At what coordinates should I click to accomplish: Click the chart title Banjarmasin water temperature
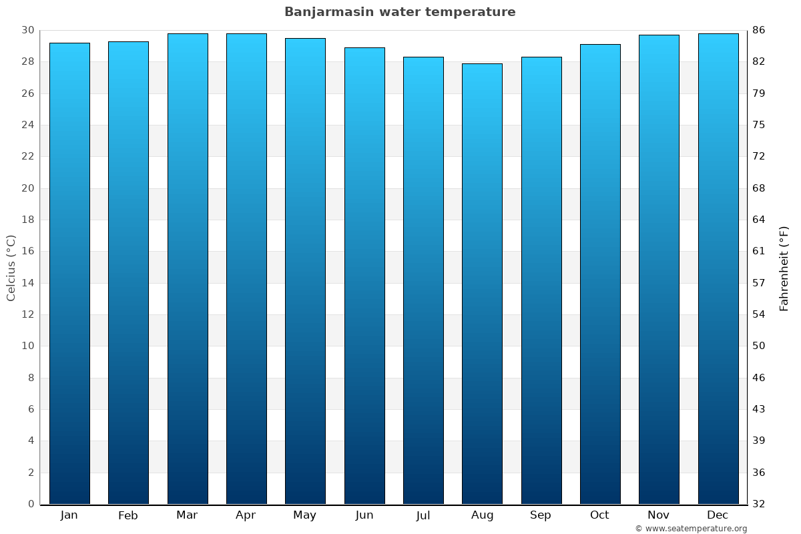pyautogui.click(x=400, y=12)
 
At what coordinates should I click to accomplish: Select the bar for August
pyautogui.click(x=482, y=284)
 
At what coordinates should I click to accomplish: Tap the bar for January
pyautogui.click(x=69, y=274)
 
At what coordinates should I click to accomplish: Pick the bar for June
pyautogui.click(x=364, y=276)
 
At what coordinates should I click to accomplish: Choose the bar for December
pyautogui.click(x=718, y=269)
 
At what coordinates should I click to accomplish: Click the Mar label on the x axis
pyautogui.click(x=187, y=515)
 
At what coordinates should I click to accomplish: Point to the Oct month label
pyautogui.click(x=599, y=515)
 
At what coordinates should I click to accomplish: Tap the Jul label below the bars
pyautogui.click(x=423, y=515)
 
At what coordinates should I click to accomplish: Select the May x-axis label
pyautogui.click(x=305, y=515)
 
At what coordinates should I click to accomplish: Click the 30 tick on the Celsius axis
pyautogui.click(x=27, y=30)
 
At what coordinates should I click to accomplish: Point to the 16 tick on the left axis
pyautogui.click(x=27, y=251)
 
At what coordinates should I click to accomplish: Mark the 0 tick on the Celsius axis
pyautogui.click(x=31, y=504)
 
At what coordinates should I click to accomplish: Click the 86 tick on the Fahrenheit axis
pyautogui.click(x=759, y=30)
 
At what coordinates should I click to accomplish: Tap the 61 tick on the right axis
pyautogui.click(x=759, y=251)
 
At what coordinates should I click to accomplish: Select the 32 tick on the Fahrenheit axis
pyautogui.click(x=759, y=504)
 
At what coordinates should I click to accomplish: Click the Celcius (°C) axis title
pyautogui.click(x=11, y=267)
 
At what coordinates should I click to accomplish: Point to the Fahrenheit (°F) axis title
pyautogui.click(x=784, y=268)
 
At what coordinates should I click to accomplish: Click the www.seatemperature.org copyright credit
pyautogui.click(x=691, y=529)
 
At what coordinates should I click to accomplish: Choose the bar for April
pyautogui.click(x=246, y=269)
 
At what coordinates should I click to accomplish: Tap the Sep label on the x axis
pyautogui.click(x=541, y=515)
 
